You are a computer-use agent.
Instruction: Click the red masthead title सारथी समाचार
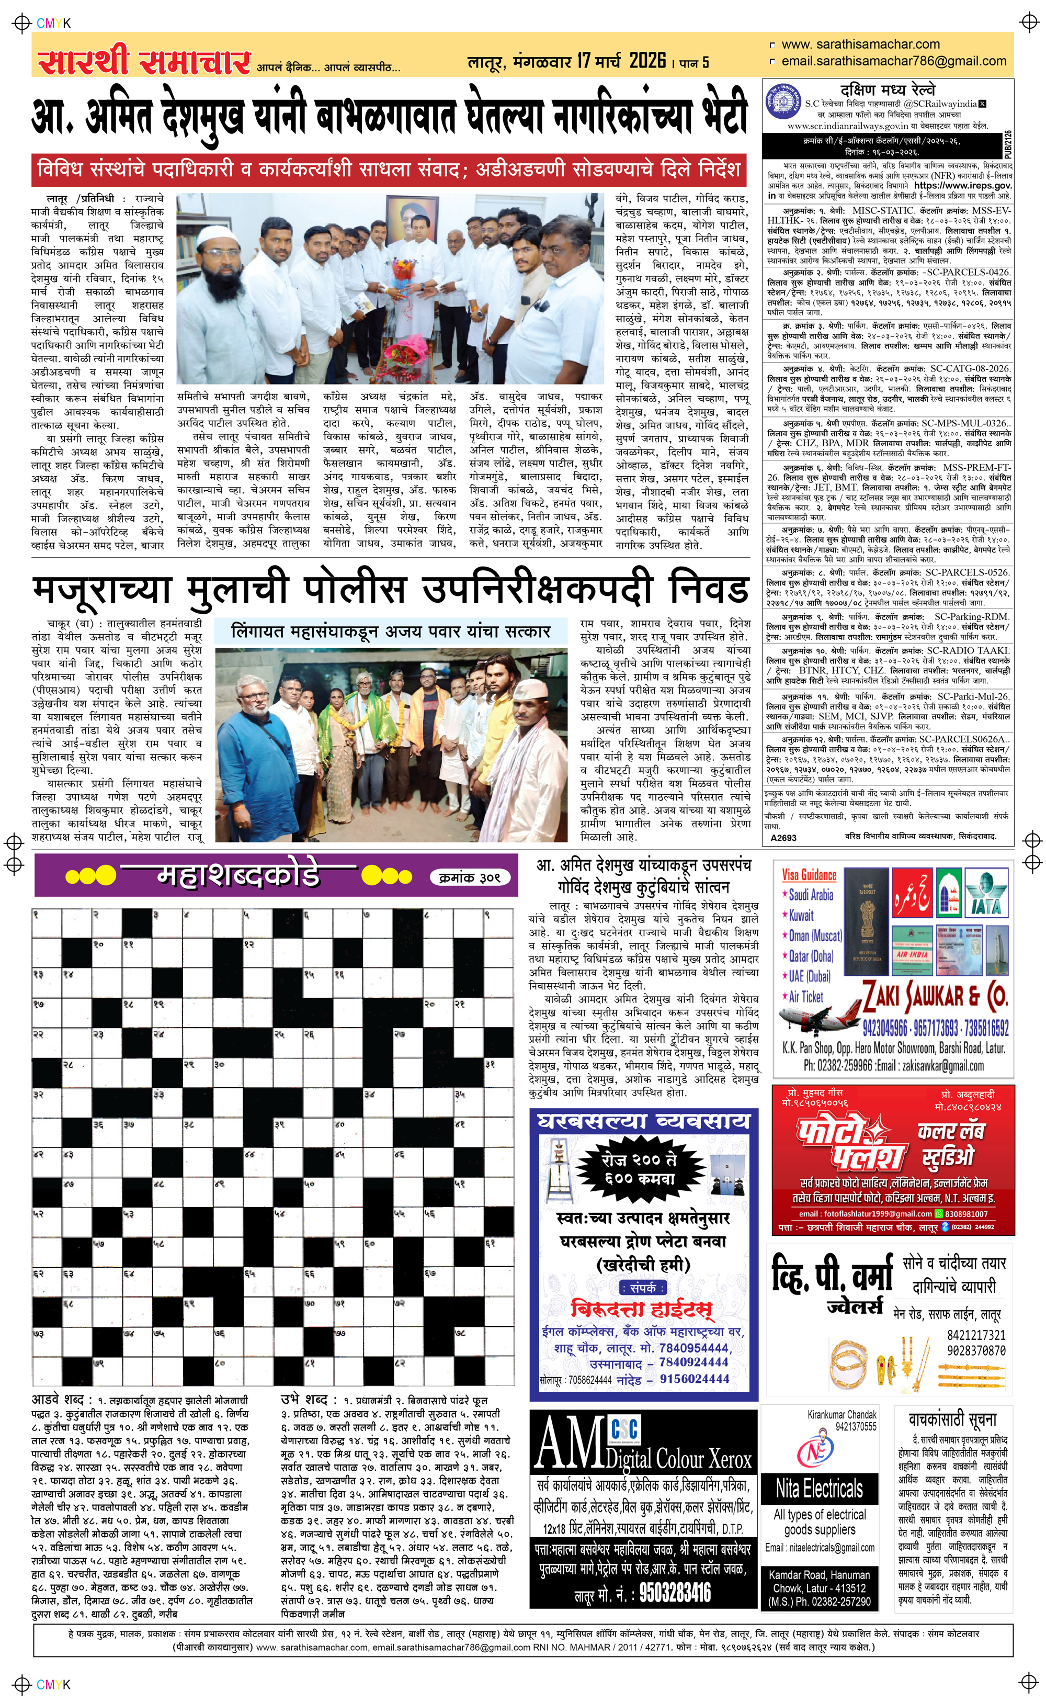[143, 61]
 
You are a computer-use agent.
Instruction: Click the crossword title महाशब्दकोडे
[238, 876]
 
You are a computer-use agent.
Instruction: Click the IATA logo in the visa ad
[986, 893]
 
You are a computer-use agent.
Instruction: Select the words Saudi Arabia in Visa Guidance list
[810, 895]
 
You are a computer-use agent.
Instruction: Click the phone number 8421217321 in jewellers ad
[976, 1335]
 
